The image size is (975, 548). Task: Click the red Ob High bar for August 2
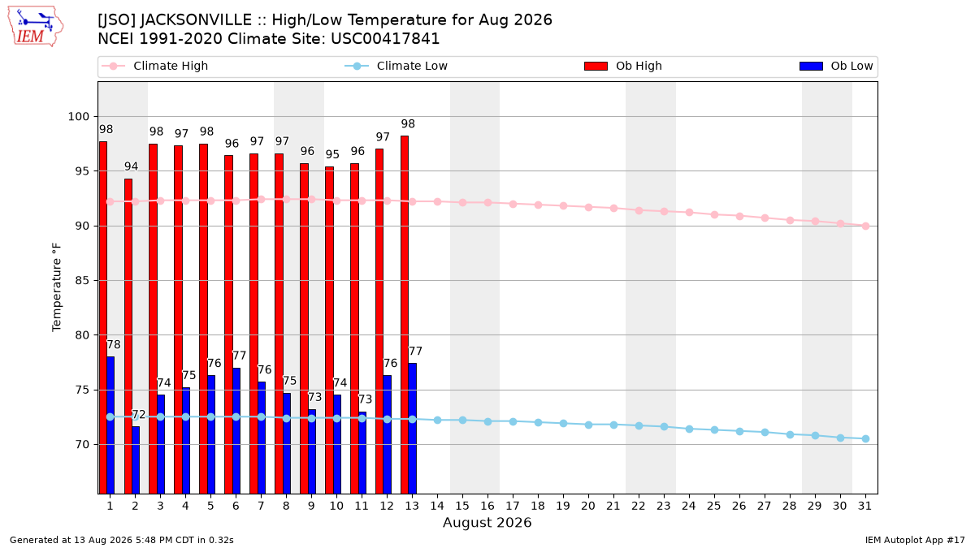128,336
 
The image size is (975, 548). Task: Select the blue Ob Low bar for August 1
110,425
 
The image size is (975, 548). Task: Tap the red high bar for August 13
405,315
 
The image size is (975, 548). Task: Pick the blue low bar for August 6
236,431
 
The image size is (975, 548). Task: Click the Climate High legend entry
155,66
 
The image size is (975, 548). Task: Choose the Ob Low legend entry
836,66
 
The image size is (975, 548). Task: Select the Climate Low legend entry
396,66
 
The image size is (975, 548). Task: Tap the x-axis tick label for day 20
588,506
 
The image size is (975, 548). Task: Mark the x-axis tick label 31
864,506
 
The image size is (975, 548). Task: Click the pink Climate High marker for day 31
865,227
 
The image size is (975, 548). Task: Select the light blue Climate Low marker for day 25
714,429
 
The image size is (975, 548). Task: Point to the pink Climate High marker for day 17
513,204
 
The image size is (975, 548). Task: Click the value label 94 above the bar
131,166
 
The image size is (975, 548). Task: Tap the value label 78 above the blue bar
114,345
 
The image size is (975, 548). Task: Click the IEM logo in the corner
35,27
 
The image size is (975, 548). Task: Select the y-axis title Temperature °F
57,287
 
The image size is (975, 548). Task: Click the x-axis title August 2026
487,522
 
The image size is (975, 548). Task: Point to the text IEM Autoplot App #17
915,540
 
